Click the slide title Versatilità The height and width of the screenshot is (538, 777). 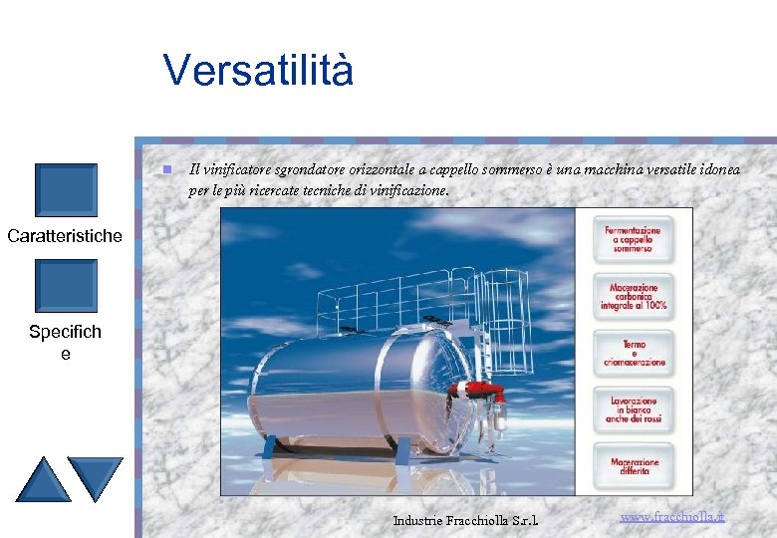pos(258,71)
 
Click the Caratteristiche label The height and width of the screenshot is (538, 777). pos(65,236)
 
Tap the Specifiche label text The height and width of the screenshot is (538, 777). pos(65,342)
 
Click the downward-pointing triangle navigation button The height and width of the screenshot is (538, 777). pos(96,477)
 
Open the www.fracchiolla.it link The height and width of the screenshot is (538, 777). pos(671,517)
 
